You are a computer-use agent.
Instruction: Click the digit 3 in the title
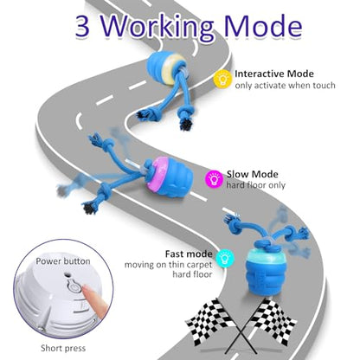[x=82, y=27]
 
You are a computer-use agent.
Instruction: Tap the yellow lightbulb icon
[x=222, y=78]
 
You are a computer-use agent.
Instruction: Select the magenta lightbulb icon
[x=214, y=179]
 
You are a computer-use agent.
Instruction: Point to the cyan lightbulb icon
[x=227, y=258]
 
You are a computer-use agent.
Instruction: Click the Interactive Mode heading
[x=274, y=74]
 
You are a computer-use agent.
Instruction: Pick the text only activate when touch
[x=285, y=86]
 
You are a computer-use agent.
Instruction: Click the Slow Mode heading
[x=253, y=174]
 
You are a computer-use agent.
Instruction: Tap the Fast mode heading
[x=189, y=254]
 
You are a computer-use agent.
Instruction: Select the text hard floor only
[x=256, y=185]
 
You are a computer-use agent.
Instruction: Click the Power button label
[x=63, y=261]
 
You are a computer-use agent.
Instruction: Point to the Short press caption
[x=63, y=348]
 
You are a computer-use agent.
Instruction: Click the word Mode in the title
[x=263, y=27]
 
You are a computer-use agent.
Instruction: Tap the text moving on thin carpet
[x=169, y=265]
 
